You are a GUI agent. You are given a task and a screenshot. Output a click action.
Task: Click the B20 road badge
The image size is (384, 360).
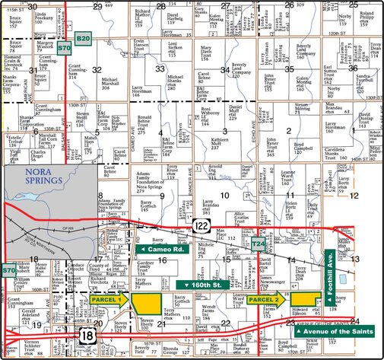pyautogui.click(x=84, y=37)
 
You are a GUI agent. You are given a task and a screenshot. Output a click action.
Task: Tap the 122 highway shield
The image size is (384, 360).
pyautogui.click(x=202, y=225)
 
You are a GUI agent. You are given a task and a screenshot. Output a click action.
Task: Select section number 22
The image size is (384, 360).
pyautogui.click(x=225, y=323)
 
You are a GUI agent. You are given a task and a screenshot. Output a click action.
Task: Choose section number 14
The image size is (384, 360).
pyautogui.click(x=291, y=260)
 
